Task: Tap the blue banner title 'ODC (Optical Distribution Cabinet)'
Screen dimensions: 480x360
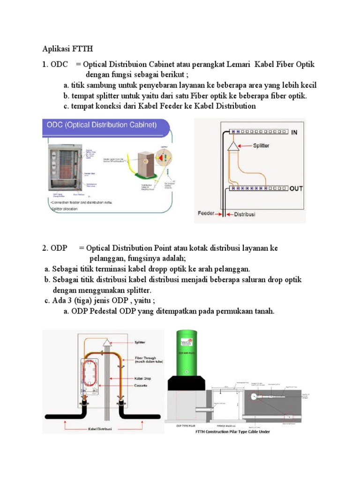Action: (101, 125)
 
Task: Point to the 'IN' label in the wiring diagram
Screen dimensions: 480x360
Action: (295, 133)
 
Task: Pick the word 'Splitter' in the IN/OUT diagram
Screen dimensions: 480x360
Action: (261, 146)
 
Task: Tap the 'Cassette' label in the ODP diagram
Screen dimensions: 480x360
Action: (141, 385)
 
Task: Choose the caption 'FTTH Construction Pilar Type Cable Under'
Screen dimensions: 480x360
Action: (232, 432)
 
